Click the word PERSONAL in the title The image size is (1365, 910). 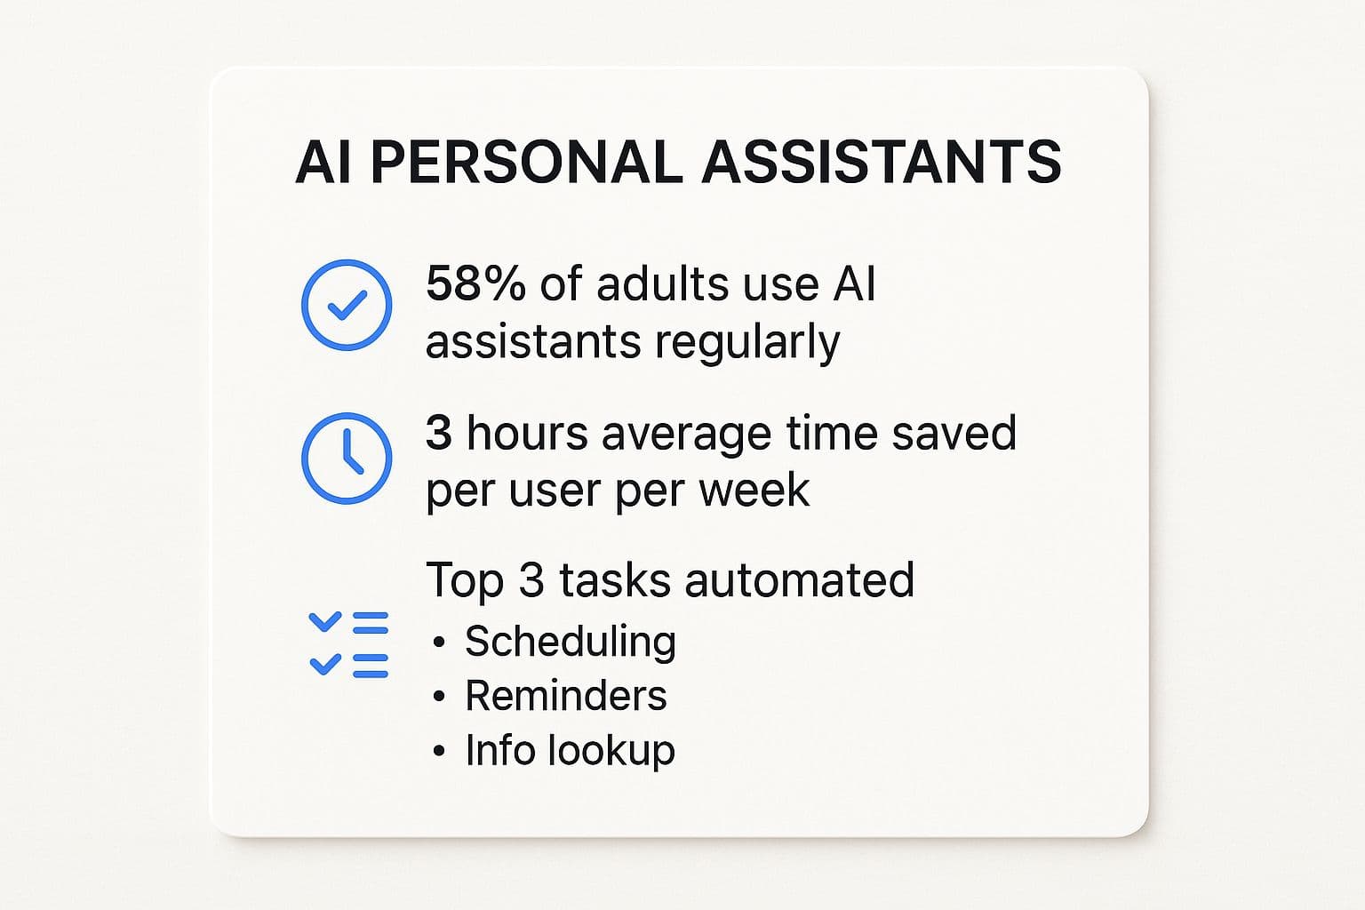click(x=526, y=162)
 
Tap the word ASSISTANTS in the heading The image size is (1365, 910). click(x=882, y=162)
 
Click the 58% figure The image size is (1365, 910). click(x=475, y=284)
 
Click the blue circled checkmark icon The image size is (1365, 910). click(x=347, y=306)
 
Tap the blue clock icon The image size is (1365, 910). click(x=347, y=459)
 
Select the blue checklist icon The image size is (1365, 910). click(x=348, y=645)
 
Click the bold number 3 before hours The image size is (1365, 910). click(x=439, y=433)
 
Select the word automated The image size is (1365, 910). click(x=800, y=579)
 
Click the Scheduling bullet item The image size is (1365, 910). click(x=571, y=643)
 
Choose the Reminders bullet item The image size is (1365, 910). click(x=566, y=696)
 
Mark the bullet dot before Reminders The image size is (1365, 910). click(x=439, y=697)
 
